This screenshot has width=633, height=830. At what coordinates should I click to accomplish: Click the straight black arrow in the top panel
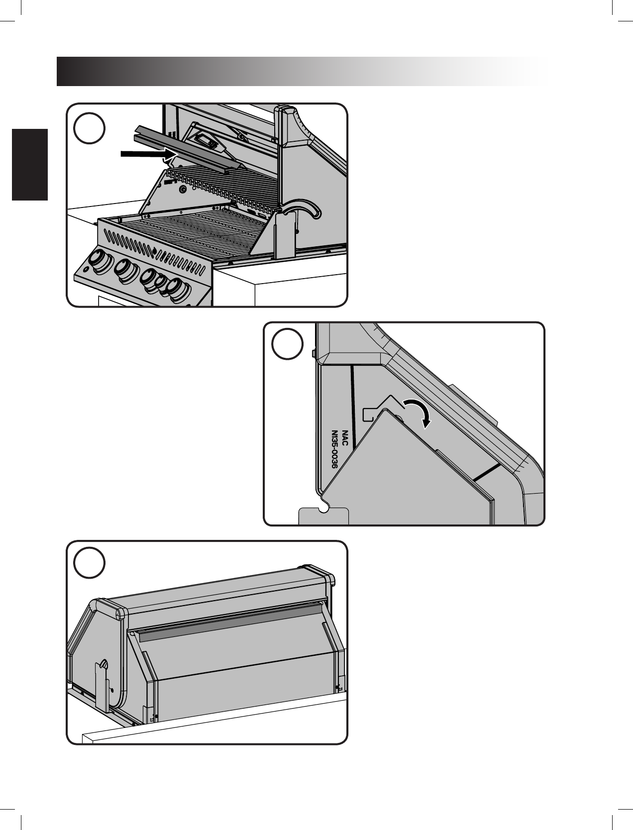pos(149,154)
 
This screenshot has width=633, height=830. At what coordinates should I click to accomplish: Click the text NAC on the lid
pos(345,437)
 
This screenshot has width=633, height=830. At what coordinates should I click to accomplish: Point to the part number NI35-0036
pos(334,450)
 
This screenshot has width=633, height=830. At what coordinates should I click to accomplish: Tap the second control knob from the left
pos(126,270)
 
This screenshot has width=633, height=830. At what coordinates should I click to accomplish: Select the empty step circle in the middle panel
pos(287,344)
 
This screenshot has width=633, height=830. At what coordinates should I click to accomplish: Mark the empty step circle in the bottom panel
pos(89,562)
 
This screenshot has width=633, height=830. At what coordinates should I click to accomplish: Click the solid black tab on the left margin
pos(30,165)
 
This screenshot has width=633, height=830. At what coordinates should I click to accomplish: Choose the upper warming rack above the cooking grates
pos(223,187)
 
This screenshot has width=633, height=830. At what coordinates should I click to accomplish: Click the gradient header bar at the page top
pos(302,72)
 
